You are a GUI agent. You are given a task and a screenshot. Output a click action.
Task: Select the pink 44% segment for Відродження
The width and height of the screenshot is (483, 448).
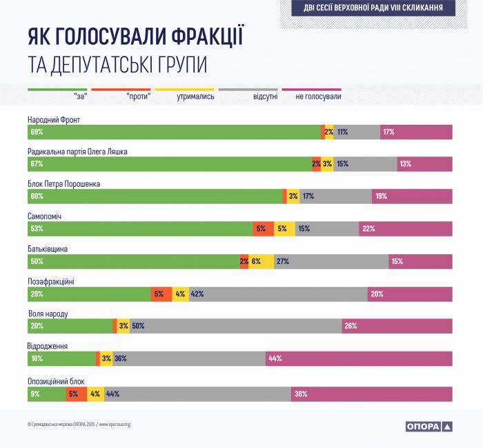tap(359, 358)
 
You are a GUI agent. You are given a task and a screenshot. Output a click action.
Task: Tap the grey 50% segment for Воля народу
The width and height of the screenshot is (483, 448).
tap(235, 327)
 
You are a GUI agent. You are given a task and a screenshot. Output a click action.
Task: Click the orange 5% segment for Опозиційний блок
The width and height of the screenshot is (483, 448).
tap(76, 394)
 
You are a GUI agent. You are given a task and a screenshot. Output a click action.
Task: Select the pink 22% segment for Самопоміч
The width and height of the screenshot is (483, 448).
tap(406, 229)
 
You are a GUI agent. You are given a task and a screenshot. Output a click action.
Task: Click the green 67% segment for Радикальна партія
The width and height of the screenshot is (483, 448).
tap(169, 164)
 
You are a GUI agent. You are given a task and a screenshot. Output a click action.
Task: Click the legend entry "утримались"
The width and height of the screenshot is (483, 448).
tap(195, 96)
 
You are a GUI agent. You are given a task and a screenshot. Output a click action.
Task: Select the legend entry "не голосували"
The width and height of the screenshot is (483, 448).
tap(318, 96)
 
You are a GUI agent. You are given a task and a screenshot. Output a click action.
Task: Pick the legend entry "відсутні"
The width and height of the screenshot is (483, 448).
tap(266, 96)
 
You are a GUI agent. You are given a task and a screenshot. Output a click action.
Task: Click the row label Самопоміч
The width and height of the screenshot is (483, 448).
tap(45, 216)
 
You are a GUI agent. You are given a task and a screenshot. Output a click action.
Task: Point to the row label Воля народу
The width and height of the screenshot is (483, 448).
tap(48, 314)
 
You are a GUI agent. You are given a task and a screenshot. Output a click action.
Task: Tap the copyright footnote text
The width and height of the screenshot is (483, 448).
tap(79, 425)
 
